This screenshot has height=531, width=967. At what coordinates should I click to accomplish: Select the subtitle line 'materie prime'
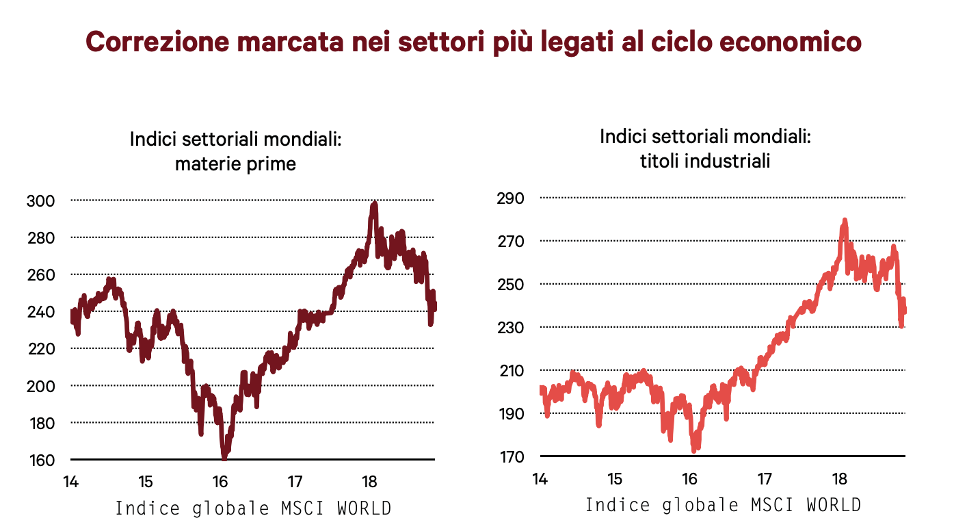(235, 164)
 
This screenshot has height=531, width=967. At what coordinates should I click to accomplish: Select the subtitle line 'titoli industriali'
(704, 161)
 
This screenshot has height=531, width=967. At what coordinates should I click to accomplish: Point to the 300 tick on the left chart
(40, 200)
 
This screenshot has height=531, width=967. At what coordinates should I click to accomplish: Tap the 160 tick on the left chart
(40, 459)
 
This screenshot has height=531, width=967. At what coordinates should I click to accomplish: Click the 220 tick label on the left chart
(40, 348)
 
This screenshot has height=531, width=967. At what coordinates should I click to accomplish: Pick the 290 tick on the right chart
(510, 198)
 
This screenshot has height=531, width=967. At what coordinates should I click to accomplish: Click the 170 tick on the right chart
(510, 456)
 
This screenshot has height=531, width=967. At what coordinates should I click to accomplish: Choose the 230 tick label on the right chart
(510, 327)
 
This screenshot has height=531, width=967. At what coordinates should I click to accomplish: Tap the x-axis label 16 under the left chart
(220, 480)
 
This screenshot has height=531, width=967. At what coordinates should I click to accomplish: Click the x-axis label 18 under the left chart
(369, 480)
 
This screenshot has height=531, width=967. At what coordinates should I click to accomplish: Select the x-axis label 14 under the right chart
(540, 478)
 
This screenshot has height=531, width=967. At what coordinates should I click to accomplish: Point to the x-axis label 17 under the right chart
(764, 478)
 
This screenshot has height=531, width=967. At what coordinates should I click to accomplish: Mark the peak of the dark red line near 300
(373, 204)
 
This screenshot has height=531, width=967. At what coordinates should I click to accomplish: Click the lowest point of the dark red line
(224, 457)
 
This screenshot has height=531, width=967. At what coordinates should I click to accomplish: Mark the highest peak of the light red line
(845, 220)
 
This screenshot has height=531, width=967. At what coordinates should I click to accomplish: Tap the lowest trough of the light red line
(693, 450)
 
